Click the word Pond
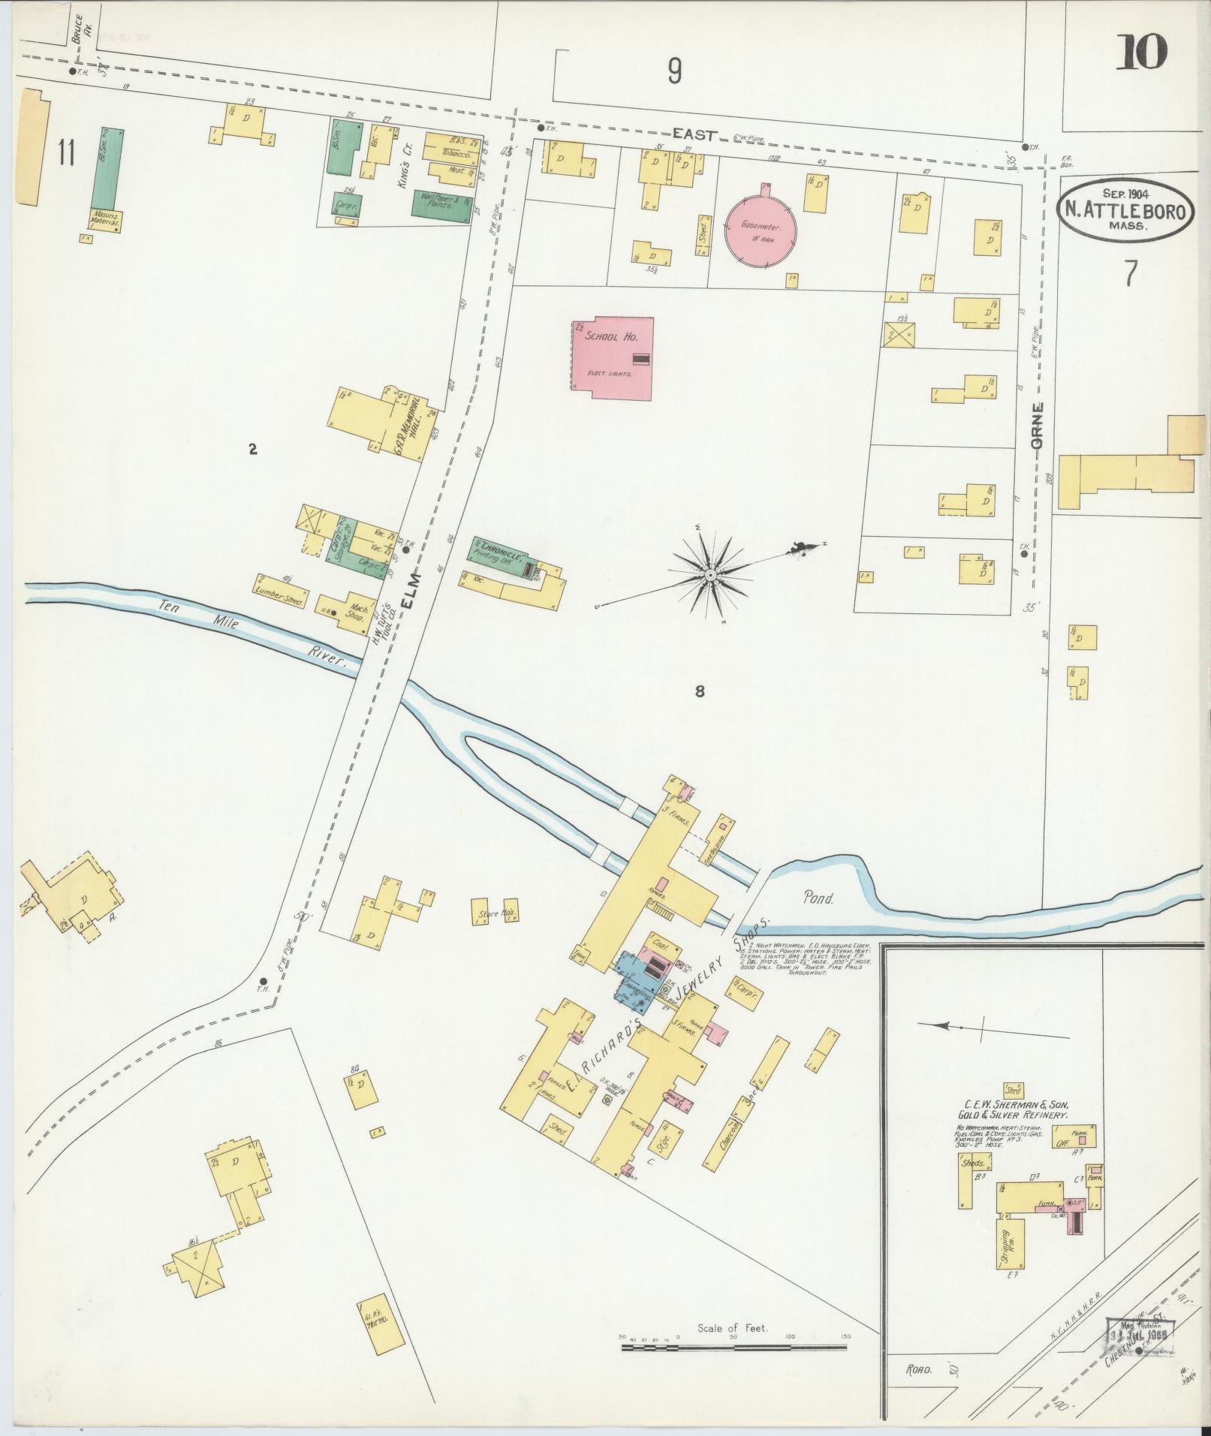pos(818,897)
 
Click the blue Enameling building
pos(635,978)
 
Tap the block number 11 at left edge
pos(66,153)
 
